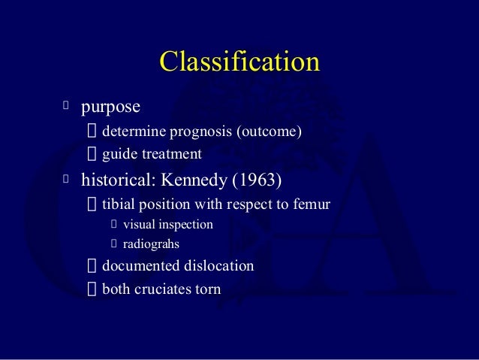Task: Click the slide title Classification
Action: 239,62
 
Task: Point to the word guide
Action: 119,155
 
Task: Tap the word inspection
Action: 185,225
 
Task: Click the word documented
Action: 140,266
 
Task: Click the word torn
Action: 208,289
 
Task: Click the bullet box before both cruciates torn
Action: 92,289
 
